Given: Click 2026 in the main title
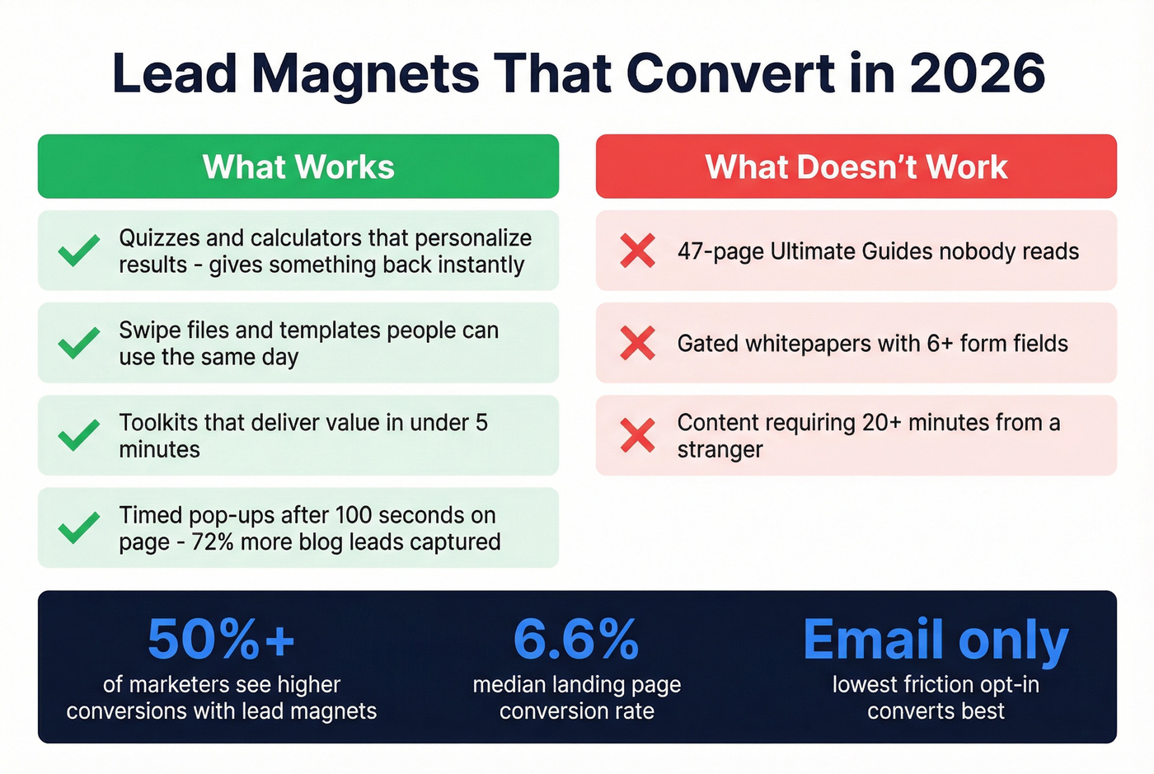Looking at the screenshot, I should [x=978, y=73].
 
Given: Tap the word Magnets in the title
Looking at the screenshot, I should [x=365, y=73].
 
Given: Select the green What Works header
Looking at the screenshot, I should [x=298, y=167].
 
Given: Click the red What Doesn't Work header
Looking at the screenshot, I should [x=856, y=167].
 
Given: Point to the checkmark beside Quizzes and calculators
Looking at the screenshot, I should [x=79, y=251].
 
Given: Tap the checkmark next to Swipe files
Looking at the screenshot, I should [x=79, y=343].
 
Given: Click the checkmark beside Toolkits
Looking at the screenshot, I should [x=79, y=435].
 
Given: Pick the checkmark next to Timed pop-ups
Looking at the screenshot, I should [x=79, y=528].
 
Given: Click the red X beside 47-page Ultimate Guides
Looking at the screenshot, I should [x=637, y=251].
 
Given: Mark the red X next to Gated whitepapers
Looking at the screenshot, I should [x=637, y=343].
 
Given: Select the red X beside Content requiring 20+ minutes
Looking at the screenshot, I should [x=637, y=435].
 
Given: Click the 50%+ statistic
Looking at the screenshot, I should [x=221, y=640].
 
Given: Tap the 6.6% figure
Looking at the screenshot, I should [x=576, y=640].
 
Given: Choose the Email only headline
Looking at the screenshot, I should [x=936, y=640].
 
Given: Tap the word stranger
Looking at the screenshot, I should [x=720, y=450].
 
